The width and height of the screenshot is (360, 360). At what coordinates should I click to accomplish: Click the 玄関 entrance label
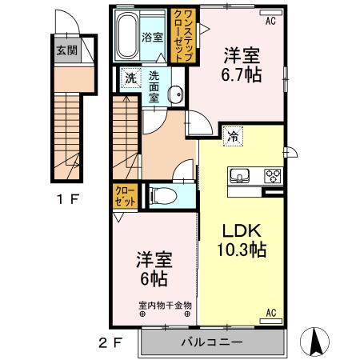[x=66, y=50]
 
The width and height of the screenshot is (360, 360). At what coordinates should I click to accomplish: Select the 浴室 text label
[x=153, y=37]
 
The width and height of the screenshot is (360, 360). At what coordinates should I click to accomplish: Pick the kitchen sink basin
[x=240, y=176]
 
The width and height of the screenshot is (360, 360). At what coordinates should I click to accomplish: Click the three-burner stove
[x=272, y=176]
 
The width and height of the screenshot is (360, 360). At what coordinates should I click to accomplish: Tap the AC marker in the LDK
[x=270, y=312]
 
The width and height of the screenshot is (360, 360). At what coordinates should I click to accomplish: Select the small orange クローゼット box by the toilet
[x=125, y=195]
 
